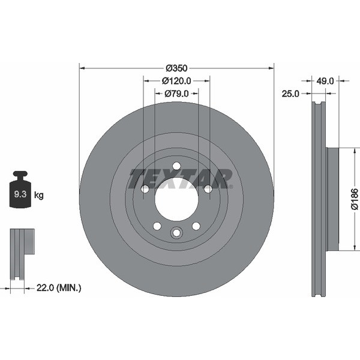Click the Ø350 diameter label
[176, 68]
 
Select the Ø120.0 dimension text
[176, 81]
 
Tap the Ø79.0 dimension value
[176, 94]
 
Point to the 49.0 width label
[325, 81]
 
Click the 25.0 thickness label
[290, 94]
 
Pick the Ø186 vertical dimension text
[354, 199]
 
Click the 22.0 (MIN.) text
[59, 287]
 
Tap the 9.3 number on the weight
[20, 194]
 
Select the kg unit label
[38, 196]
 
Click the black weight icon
[20, 190]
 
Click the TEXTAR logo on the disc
[180, 179]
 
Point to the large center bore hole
[176, 199]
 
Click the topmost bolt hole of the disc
[176, 166]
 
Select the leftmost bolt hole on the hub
[145, 189]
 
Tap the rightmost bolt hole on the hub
[208, 189]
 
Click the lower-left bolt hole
[157, 226]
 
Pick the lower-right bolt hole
[196, 226]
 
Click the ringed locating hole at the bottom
[176, 233]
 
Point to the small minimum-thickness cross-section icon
[22, 254]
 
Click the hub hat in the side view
[332, 199]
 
